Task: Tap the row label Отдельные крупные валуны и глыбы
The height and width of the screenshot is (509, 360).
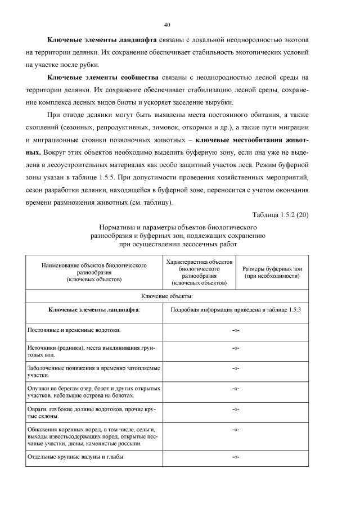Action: [x=76, y=457]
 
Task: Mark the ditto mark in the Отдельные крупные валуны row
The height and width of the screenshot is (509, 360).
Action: [x=236, y=457]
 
